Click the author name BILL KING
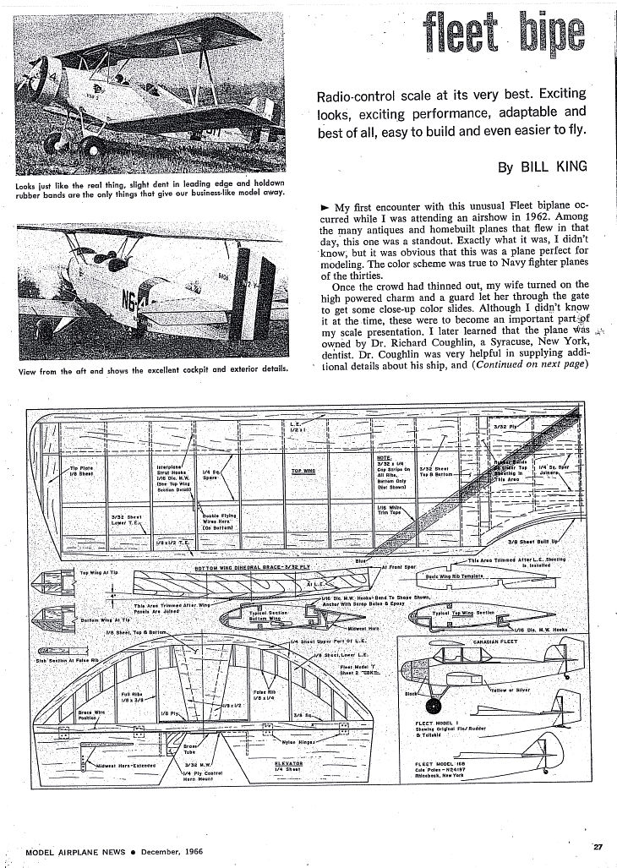554,167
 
